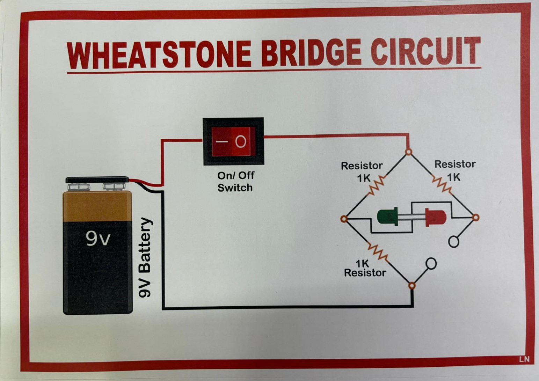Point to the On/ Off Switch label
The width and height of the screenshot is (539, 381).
(x=235, y=181)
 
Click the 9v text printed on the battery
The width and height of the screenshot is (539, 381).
(x=98, y=239)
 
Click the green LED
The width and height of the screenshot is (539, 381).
(x=388, y=217)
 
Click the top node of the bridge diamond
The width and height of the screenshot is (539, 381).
(x=408, y=152)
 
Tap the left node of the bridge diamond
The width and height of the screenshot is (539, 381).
(x=344, y=219)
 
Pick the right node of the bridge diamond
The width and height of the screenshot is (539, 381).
(x=475, y=218)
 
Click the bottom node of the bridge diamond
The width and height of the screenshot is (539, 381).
(x=412, y=286)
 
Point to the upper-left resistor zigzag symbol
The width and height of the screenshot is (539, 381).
(x=377, y=185)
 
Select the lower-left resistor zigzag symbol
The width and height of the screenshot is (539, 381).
(x=378, y=252)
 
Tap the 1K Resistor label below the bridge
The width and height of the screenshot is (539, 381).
(x=365, y=268)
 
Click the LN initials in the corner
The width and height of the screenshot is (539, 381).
(x=524, y=359)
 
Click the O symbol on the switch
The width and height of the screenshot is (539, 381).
(x=241, y=141)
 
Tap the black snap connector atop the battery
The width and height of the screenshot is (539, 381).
(x=97, y=180)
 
